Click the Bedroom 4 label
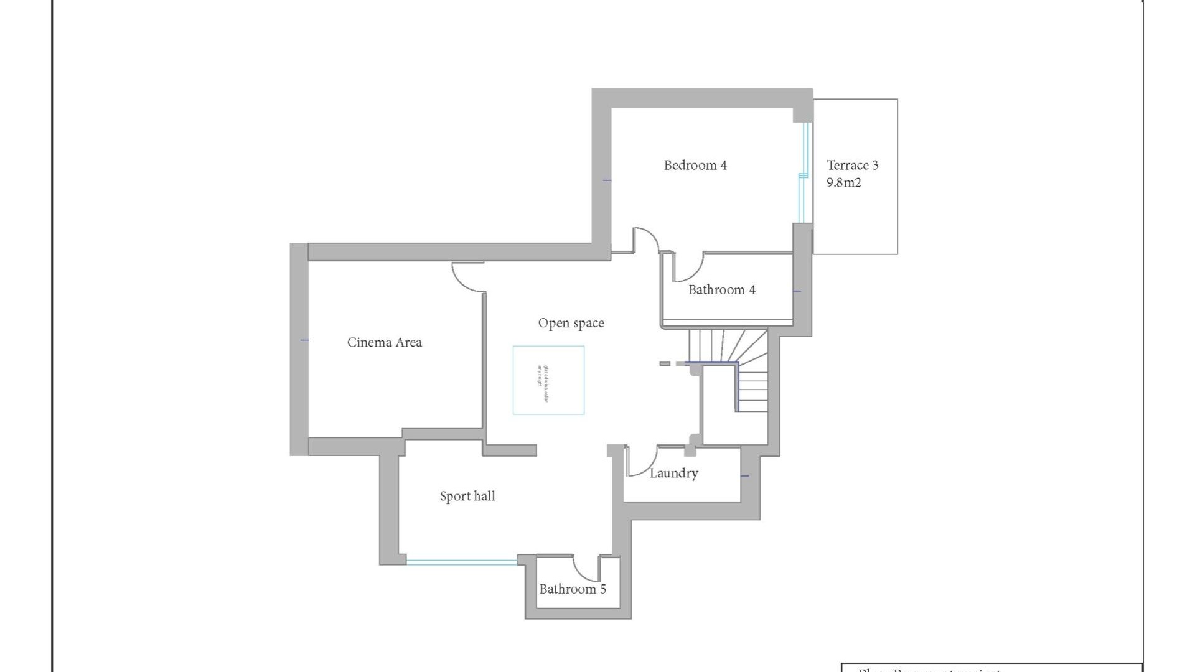[695, 166]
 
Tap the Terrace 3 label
[852, 166]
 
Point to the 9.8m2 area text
[843, 183]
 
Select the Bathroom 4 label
[721, 290]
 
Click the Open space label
[571, 323]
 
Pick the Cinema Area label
[384, 342]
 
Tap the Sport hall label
[467, 497]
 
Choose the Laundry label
[673, 474]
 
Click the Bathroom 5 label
[572, 589]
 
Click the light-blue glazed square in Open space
[548, 380]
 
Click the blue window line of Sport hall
[461, 562]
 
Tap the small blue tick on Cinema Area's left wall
[304, 340]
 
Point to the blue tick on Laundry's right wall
[744, 476]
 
